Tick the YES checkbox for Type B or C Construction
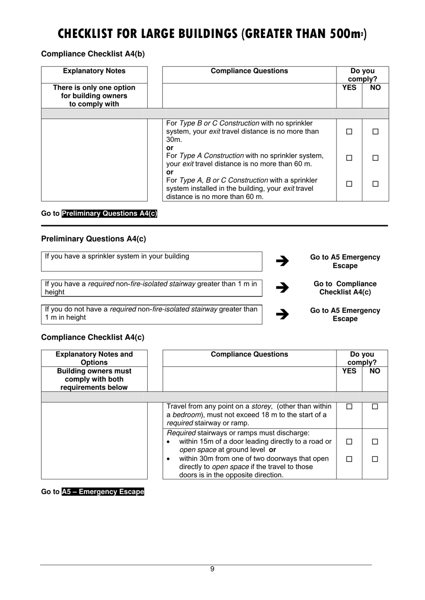[x=349, y=132]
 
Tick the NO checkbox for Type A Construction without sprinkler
[x=375, y=158]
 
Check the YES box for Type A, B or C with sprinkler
[x=349, y=184]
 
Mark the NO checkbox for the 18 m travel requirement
[x=375, y=407]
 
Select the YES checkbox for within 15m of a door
[x=349, y=441]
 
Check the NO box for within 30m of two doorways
[x=375, y=459]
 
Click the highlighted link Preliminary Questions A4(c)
[x=109, y=214]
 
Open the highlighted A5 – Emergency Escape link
[x=103, y=492]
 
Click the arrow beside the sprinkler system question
[x=282, y=261]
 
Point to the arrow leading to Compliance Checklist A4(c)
[x=282, y=288]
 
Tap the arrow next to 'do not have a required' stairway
[x=282, y=314]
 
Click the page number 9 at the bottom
[x=212, y=569]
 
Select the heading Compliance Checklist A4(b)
[x=93, y=54]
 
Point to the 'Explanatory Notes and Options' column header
[x=94, y=358]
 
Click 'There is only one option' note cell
[x=94, y=96]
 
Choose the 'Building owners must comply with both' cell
[x=94, y=379]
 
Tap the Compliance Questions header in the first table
[x=249, y=71]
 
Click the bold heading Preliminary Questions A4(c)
[x=93, y=239]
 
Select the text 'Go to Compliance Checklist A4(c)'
[x=345, y=288]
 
